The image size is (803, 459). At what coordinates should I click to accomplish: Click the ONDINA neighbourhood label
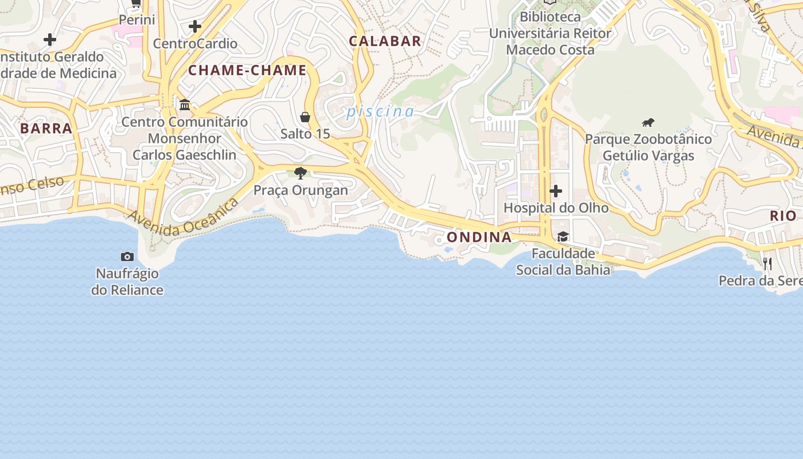(479, 237)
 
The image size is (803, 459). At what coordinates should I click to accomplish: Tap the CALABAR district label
(385, 41)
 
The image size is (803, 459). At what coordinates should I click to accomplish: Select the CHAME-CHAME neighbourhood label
(248, 71)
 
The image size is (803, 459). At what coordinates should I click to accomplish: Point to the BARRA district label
(46, 128)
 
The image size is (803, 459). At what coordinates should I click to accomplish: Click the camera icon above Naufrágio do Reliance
(127, 256)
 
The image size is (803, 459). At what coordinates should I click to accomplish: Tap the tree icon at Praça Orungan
(300, 173)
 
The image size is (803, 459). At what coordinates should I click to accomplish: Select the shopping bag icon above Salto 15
(305, 117)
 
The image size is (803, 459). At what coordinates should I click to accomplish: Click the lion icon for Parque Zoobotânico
(648, 122)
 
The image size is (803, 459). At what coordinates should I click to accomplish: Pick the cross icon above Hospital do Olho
(555, 190)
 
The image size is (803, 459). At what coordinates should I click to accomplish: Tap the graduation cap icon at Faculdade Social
(563, 237)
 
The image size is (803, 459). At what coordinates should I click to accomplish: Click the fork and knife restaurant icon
(767, 264)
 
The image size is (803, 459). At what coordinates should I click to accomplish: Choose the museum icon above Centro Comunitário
(185, 104)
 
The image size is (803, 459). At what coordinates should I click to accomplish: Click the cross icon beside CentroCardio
(195, 26)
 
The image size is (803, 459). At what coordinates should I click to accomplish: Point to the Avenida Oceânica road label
(184, 217)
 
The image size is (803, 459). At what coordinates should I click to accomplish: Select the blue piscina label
(380, 111)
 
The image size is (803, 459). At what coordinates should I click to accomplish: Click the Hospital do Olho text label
(556, 208)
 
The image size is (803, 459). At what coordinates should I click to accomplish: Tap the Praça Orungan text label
(301, 190)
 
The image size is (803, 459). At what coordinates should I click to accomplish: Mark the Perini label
(137, 20)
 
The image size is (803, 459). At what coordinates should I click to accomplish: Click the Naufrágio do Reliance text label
(127, 281)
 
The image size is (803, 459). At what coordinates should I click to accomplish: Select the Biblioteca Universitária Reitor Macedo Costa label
(550, 33)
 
